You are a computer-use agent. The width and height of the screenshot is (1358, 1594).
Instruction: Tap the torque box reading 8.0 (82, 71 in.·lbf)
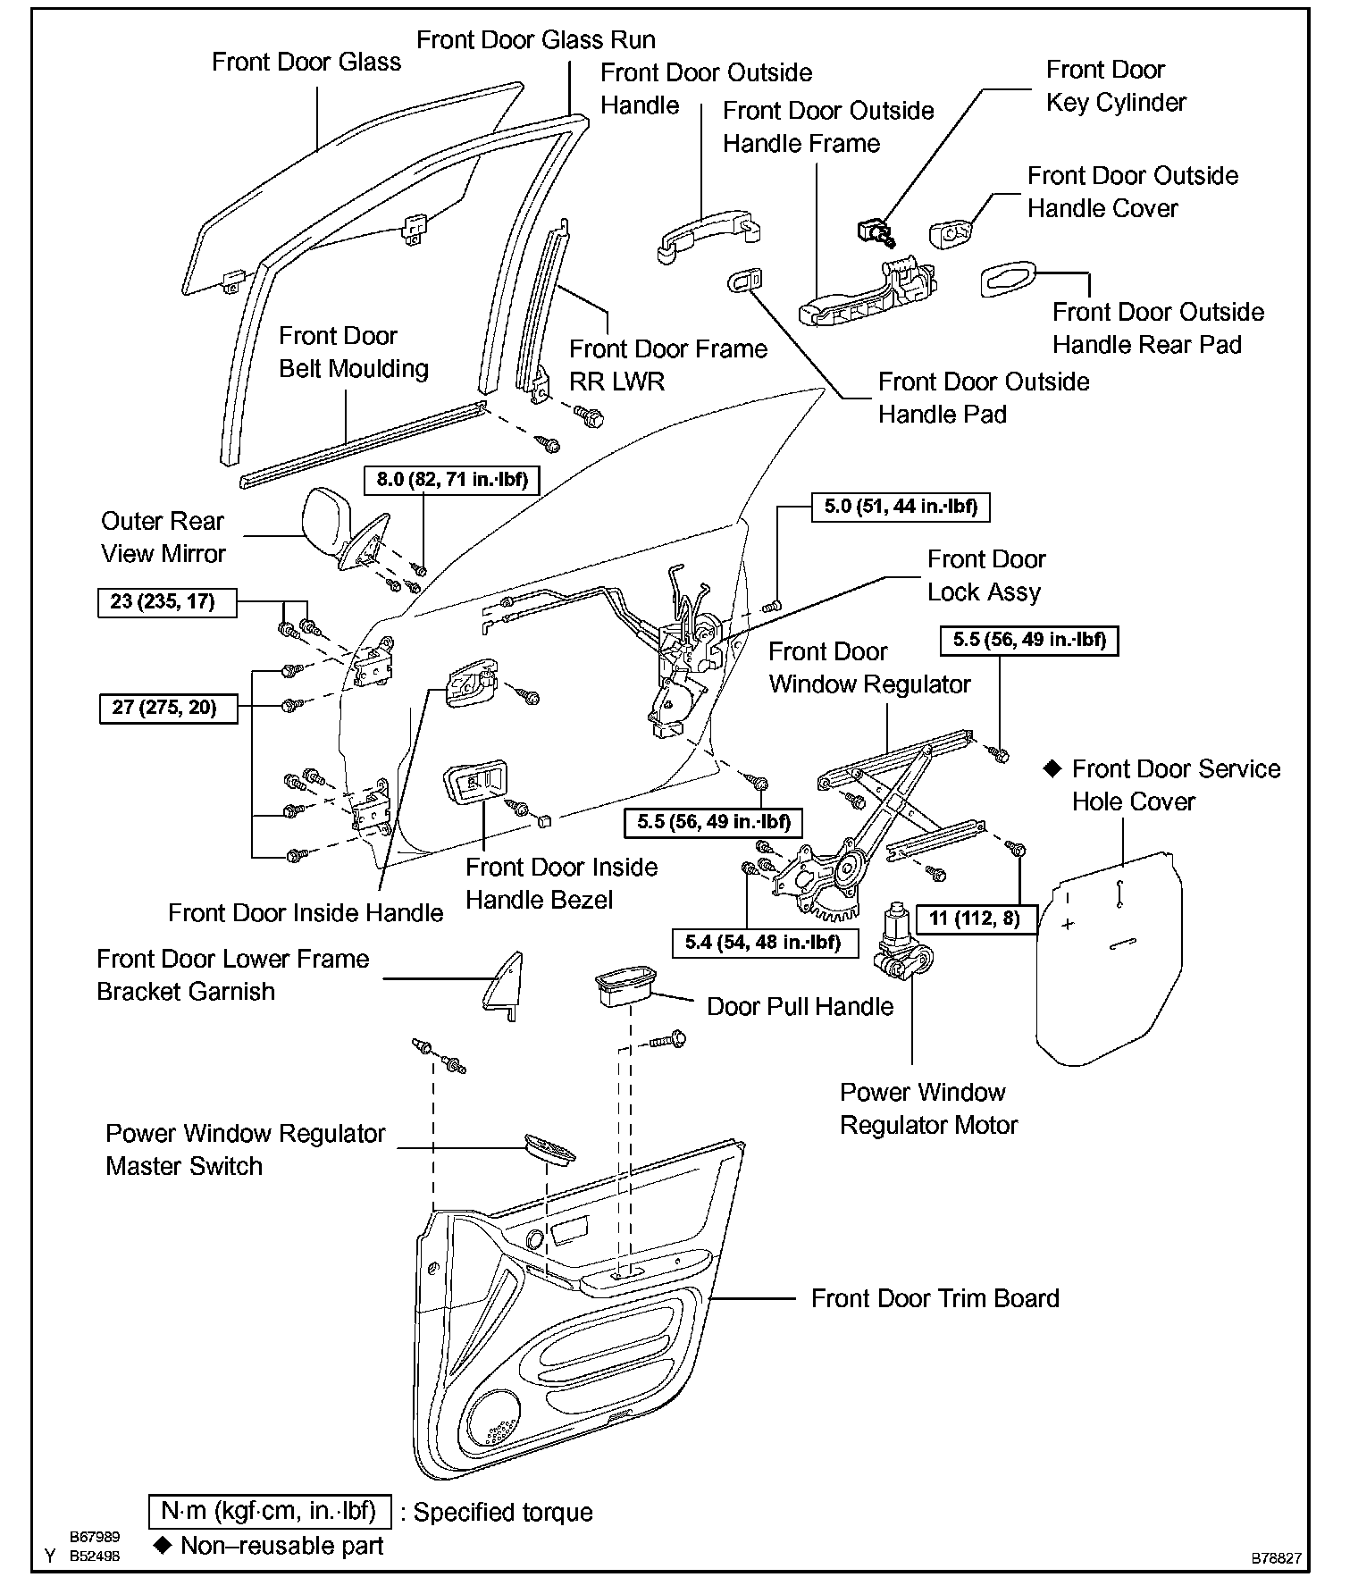point(452,480)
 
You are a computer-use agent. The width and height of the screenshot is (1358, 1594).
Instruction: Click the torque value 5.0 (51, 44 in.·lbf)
point(901,507)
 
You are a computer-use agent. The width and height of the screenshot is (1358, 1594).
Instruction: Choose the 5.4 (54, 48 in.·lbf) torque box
point(763,942)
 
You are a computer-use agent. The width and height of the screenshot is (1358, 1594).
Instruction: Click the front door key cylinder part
point(873,231)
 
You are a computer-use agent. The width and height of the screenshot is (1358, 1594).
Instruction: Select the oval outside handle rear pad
point(1008,280)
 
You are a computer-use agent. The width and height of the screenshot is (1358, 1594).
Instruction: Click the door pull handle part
point(625,987)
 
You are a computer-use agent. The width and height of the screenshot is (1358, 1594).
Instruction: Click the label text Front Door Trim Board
point(935,1298)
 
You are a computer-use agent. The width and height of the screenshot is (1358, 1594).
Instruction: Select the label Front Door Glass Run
point(536,40)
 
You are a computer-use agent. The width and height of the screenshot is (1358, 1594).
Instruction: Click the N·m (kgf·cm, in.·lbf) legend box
point(269,1511)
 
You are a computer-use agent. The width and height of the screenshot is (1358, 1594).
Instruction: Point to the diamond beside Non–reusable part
point(163,1545)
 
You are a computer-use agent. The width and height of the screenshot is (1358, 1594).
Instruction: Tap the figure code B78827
point(1276,1557)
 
